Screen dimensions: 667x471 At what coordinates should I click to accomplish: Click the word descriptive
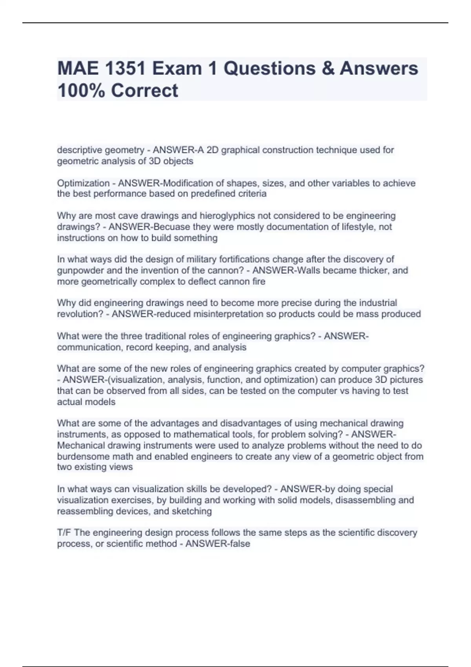pos(78,150)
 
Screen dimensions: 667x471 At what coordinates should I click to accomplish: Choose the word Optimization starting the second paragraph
pos(83,183)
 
